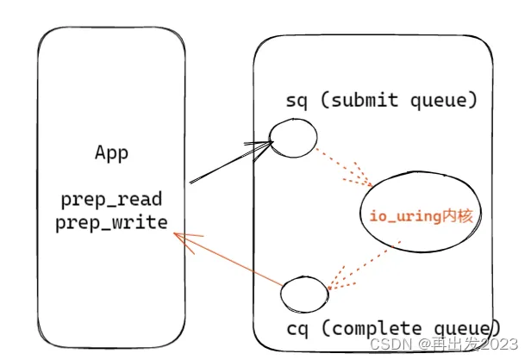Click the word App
111,153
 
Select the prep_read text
111,199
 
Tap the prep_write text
111,222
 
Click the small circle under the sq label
293,138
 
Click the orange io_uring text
404,215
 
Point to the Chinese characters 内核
457,215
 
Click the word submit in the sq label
365,100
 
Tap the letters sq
297,101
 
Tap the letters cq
297,329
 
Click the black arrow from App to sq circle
231,162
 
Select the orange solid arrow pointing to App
228,259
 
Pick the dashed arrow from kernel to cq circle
364,265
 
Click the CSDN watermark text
390,344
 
